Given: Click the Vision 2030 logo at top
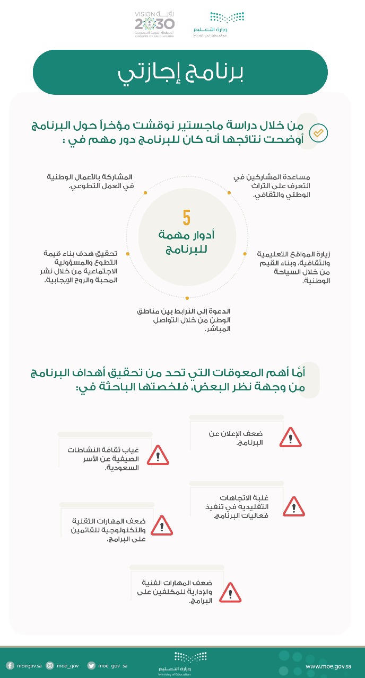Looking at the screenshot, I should pyautogui.click(x=154, y=24).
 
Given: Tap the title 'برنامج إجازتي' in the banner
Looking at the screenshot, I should pyautogui.click(x=180, y=74).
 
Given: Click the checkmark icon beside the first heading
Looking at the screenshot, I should pyautogui.click(x=318, y=133).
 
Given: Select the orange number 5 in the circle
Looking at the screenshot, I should pyautogui.click(x=187, y=218).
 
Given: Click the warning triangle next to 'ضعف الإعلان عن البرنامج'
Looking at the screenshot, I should pyautogui.click(x=290, y=438).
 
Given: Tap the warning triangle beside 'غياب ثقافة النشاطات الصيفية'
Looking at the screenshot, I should pyautogui.click(x=158, y=456).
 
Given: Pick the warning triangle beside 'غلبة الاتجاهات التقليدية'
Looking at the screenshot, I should pyautogui.click(x=293, y=507).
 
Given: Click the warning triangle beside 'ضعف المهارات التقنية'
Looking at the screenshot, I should pyautogui.click(x=161, y=525).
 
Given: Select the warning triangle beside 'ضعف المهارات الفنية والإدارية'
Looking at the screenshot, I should pyautogui.click(x=230, y=593).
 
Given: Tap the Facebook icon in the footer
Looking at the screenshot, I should pyautogui.click(x=10, y=666).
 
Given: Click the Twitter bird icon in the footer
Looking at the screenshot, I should pyautogui.click(x=91, y=666).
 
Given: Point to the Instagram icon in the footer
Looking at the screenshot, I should pyautogui.click(x=50, y=666).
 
